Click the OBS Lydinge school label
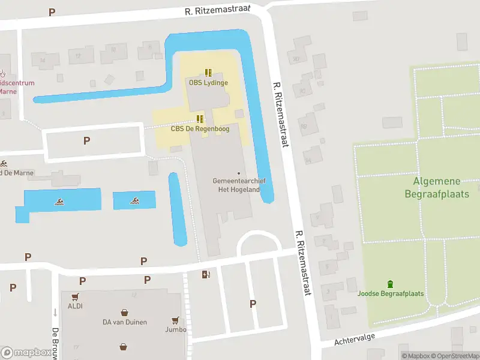[208, 83]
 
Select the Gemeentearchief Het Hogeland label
[239, 185]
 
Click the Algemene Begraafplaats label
[437, 187]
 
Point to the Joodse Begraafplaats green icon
[391, 284]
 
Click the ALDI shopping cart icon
[75, 296]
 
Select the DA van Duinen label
[124, 322]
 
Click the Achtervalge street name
[355, 339]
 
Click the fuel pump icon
[206, 275]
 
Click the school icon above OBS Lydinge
[208, 73]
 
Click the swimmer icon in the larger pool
[60, 202]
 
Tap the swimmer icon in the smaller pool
[134, 202]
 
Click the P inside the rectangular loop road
[86, 141]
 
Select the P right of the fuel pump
[253, 304]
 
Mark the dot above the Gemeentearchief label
[239, 173]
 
